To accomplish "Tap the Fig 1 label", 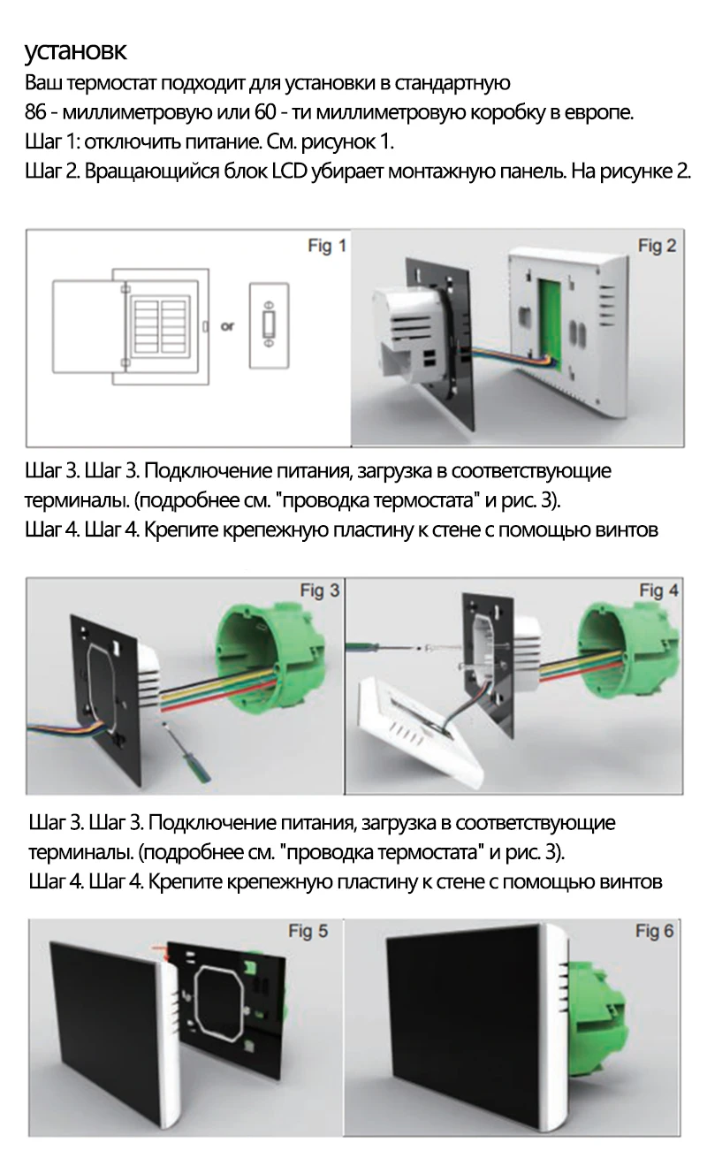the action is [x=327, y=246].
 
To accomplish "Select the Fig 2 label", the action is [x=657, y=246].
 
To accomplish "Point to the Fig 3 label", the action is [x=320, y=590].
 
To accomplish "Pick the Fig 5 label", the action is [x=308, y=931].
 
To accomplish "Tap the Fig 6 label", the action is [x=655, y=931].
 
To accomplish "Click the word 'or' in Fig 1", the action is [x=227, y=326].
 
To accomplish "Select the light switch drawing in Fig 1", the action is [x=269, y=325].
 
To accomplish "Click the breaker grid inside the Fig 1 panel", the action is [x=160, y=325].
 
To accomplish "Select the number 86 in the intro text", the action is [x=35, y=112].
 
